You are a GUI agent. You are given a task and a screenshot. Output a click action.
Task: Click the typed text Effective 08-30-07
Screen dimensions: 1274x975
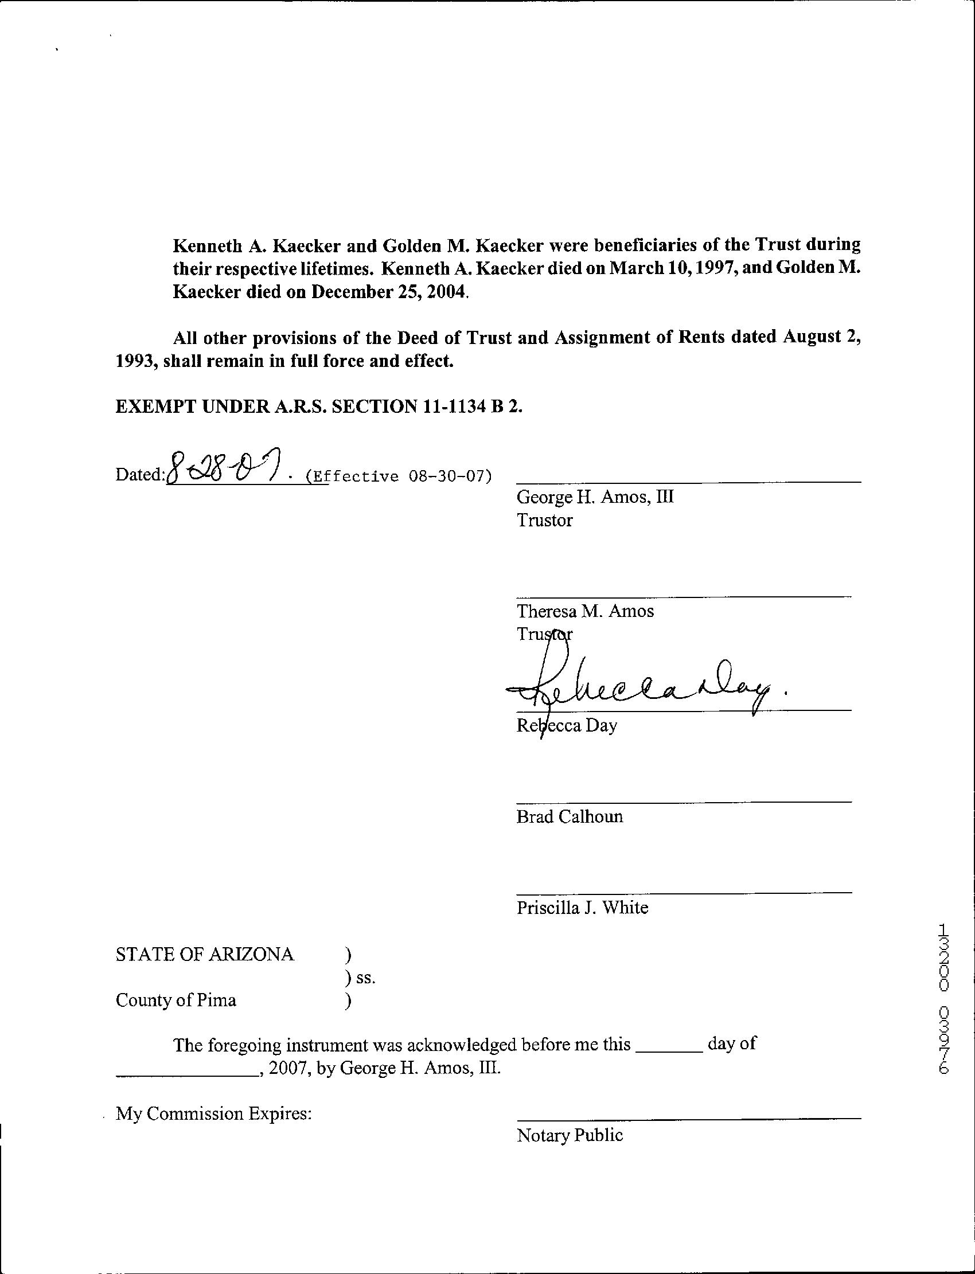click(x=399, y=477)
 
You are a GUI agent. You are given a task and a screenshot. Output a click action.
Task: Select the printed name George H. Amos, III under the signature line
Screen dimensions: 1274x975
click(x=595, y=497)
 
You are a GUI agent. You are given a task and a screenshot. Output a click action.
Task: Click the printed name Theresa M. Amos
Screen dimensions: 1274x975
click(x=585, y=611)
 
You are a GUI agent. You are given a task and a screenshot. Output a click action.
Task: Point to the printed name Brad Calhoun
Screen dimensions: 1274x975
click(x=570, y=816)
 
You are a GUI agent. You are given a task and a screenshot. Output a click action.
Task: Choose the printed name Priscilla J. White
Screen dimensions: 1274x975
click(x=582, y=908)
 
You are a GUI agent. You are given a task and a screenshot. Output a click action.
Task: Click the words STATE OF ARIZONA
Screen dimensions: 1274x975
click(x=205, y=954)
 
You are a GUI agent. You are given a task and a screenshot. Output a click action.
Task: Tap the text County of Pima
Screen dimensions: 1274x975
click(x=176, y=1000)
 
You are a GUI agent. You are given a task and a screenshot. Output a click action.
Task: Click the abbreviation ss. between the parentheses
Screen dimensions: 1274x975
click(x=366, y=978)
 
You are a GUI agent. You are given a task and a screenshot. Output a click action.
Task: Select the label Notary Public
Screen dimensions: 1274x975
click(x=570, y=1135)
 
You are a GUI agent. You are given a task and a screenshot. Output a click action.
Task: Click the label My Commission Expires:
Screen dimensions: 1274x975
click(x=213, y=1113)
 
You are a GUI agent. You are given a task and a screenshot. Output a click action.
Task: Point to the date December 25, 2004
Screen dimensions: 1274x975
click(x=388, y=291)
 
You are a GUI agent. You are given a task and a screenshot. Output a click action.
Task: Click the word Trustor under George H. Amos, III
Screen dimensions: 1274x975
click(x=544, y=520)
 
